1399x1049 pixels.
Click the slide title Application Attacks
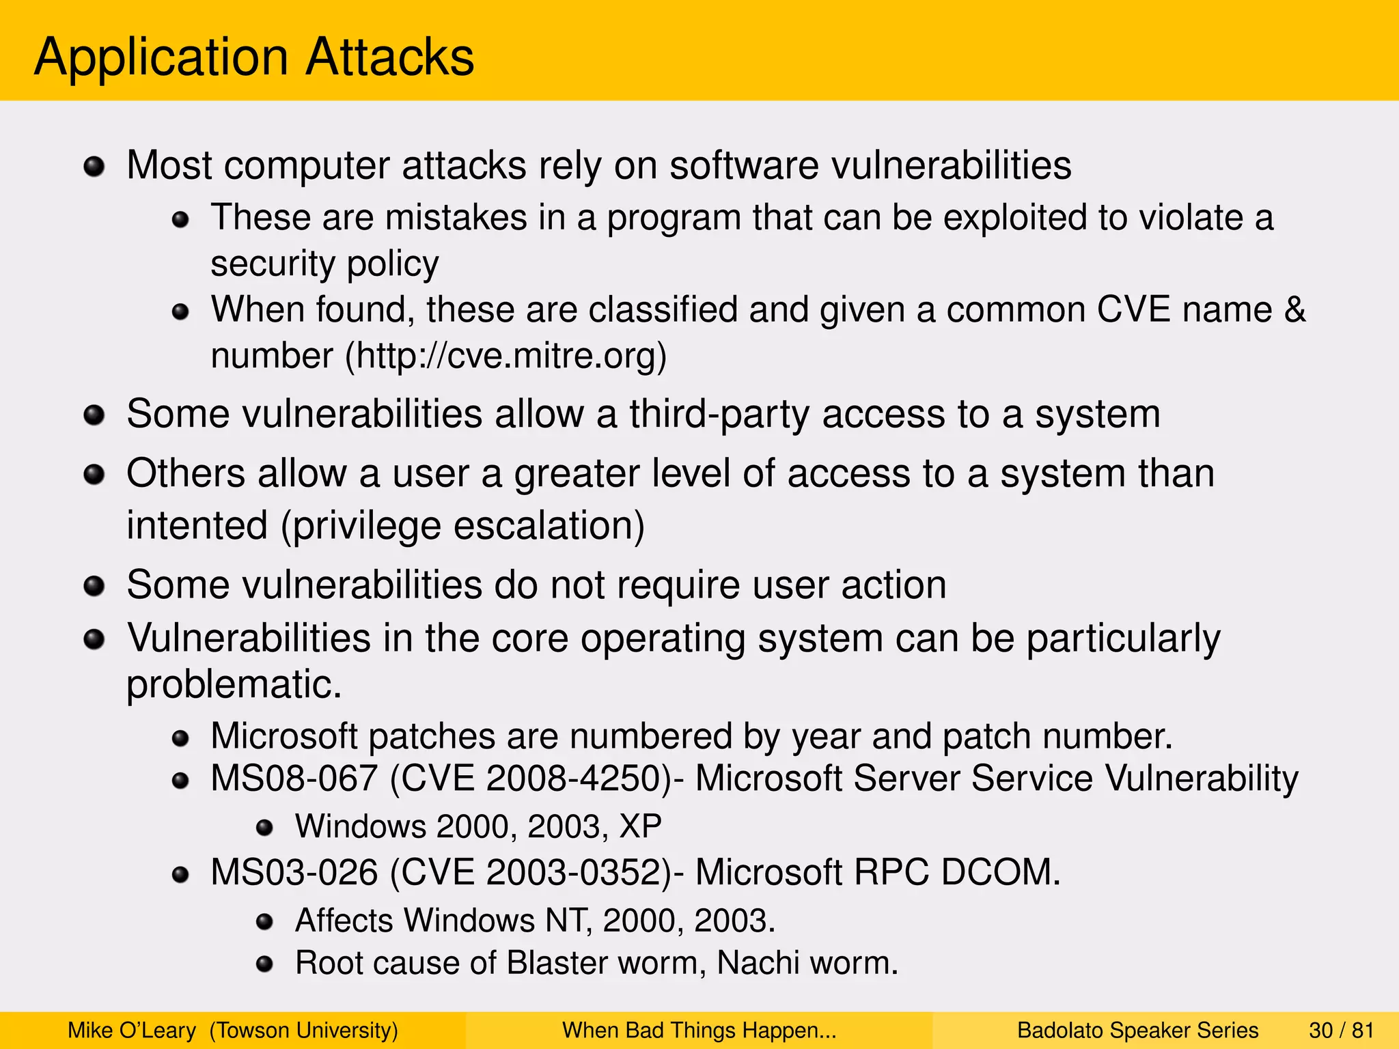tap(253, 57)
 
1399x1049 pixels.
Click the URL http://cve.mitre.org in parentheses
tap(505, 356)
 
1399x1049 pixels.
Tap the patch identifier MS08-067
tap(294, 779)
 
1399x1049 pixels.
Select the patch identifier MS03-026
tap(294, 873)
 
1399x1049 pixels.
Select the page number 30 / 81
tap(1341, 1031)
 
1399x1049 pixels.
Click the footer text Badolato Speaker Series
tap(1137, 1031)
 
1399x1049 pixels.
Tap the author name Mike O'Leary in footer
tap(132, 1031)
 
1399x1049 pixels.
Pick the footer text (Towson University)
tap(303, 1031)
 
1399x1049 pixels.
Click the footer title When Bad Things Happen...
tap(698, 1031)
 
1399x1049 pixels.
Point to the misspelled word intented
tap(197, 526)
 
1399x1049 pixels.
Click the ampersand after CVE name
tap(1294, 310)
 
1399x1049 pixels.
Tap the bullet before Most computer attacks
tap(94, 166)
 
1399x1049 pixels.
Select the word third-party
tap(719, 415)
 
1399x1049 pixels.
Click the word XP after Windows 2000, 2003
tap(640, 827)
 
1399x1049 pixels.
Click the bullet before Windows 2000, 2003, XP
tap(264, 828)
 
